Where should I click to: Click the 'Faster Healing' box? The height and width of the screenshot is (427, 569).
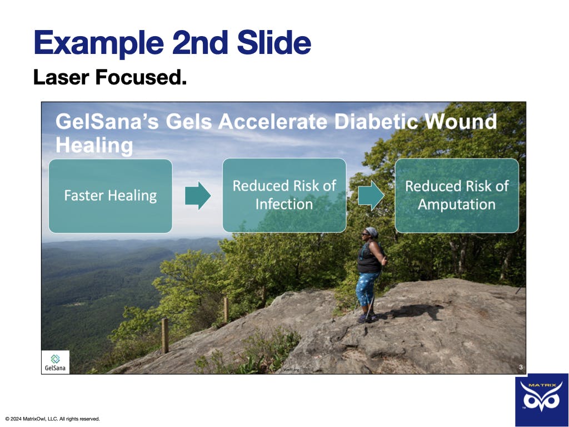click(x=111, y=196)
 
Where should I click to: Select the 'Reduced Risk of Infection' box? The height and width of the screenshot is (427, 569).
click(x=284, y=195)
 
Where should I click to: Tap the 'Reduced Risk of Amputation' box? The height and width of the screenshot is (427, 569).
click(x=457, y=195)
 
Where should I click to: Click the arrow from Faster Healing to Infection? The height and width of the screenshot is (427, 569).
click(x=198, y=196)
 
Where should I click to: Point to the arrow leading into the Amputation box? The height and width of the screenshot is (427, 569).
click(x=371, y=195)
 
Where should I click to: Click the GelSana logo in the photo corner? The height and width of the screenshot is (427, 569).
click(x=55, y=362)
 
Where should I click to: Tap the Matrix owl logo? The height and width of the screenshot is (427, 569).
click(x=541, y=399)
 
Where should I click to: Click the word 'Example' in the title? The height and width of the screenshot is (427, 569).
click(x=99, y=42)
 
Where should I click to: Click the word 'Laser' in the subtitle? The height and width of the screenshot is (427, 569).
click(x=61, y=77)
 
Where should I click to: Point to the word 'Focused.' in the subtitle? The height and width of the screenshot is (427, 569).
click(x=141, y=77)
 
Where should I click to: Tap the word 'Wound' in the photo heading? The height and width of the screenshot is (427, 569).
click(x=461, y=121)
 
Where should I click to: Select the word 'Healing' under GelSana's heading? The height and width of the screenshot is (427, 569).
click(x=94, y=146)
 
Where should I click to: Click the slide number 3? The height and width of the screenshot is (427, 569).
click(x=521, y=367)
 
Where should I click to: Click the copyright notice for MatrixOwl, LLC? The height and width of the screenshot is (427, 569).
click(x=53, y=419)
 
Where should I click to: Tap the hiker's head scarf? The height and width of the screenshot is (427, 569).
click(x=372, y=232)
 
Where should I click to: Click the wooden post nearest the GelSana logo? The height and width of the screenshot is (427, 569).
click(x=164, y=335)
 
